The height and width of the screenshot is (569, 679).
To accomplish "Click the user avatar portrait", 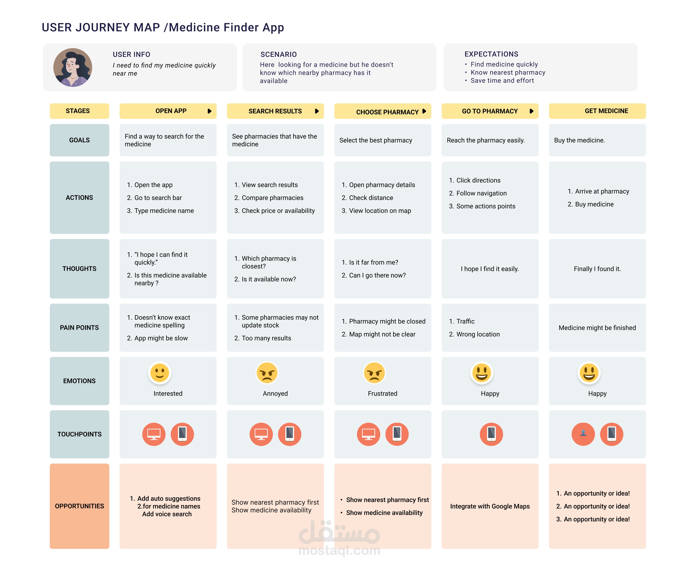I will pos(73,68).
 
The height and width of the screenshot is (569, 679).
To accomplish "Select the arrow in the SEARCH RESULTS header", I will pos(316,111).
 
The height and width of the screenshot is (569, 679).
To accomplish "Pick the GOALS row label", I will pos(79,140).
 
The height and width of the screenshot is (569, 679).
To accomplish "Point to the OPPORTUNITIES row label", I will pos(79,506).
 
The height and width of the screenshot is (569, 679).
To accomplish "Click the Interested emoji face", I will pos(160,373).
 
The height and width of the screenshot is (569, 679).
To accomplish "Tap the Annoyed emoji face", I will pos(267,373).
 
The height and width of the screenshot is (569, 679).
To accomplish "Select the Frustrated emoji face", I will pos(374,373).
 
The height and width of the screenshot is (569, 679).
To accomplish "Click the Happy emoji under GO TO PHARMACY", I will pos(482,373).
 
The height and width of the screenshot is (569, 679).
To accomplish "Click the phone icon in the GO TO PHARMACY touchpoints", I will pos(491,434).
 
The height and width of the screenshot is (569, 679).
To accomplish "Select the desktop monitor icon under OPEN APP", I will pos(154,434).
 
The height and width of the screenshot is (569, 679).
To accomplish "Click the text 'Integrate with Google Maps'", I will pos(490,506).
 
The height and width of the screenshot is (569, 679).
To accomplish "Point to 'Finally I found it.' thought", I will pos(597,269).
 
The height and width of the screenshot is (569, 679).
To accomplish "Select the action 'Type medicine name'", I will pos(164,211).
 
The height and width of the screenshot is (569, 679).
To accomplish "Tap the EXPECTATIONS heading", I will pos(491,54).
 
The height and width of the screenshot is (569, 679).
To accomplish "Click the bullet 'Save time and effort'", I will pos(502,81).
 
